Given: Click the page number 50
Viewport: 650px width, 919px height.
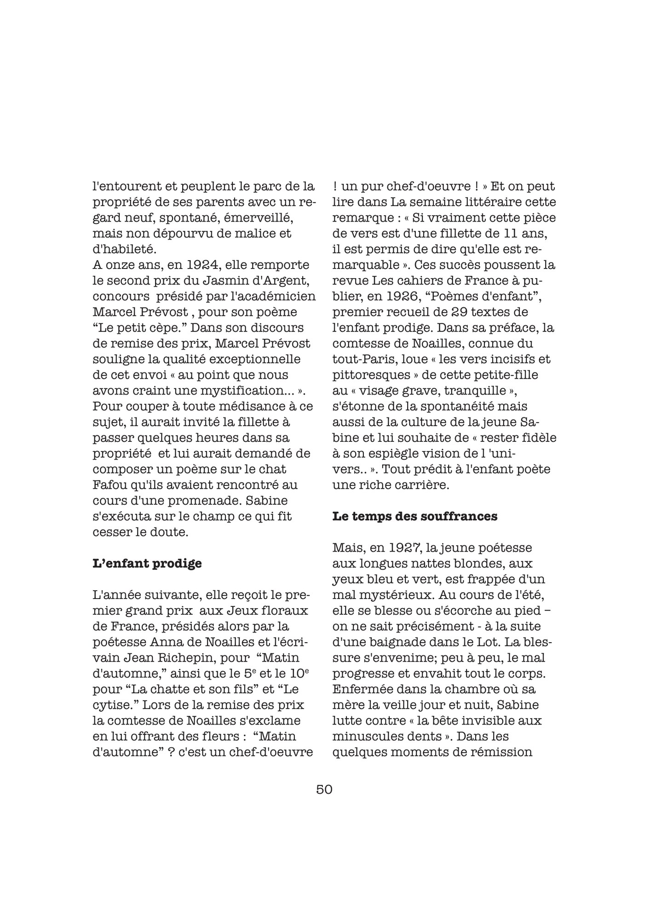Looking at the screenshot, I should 324,789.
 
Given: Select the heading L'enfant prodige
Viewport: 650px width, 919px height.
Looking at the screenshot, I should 147,563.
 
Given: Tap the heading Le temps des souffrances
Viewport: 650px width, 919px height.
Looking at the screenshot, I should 414,516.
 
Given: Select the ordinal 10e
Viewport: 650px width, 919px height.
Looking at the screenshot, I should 299,673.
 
